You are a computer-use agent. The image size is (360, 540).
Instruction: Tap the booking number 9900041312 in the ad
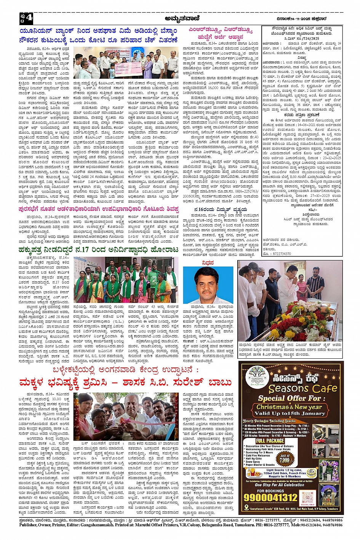tap(271, 498)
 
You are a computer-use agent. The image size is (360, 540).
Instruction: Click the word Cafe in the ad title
tap(319, 388)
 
